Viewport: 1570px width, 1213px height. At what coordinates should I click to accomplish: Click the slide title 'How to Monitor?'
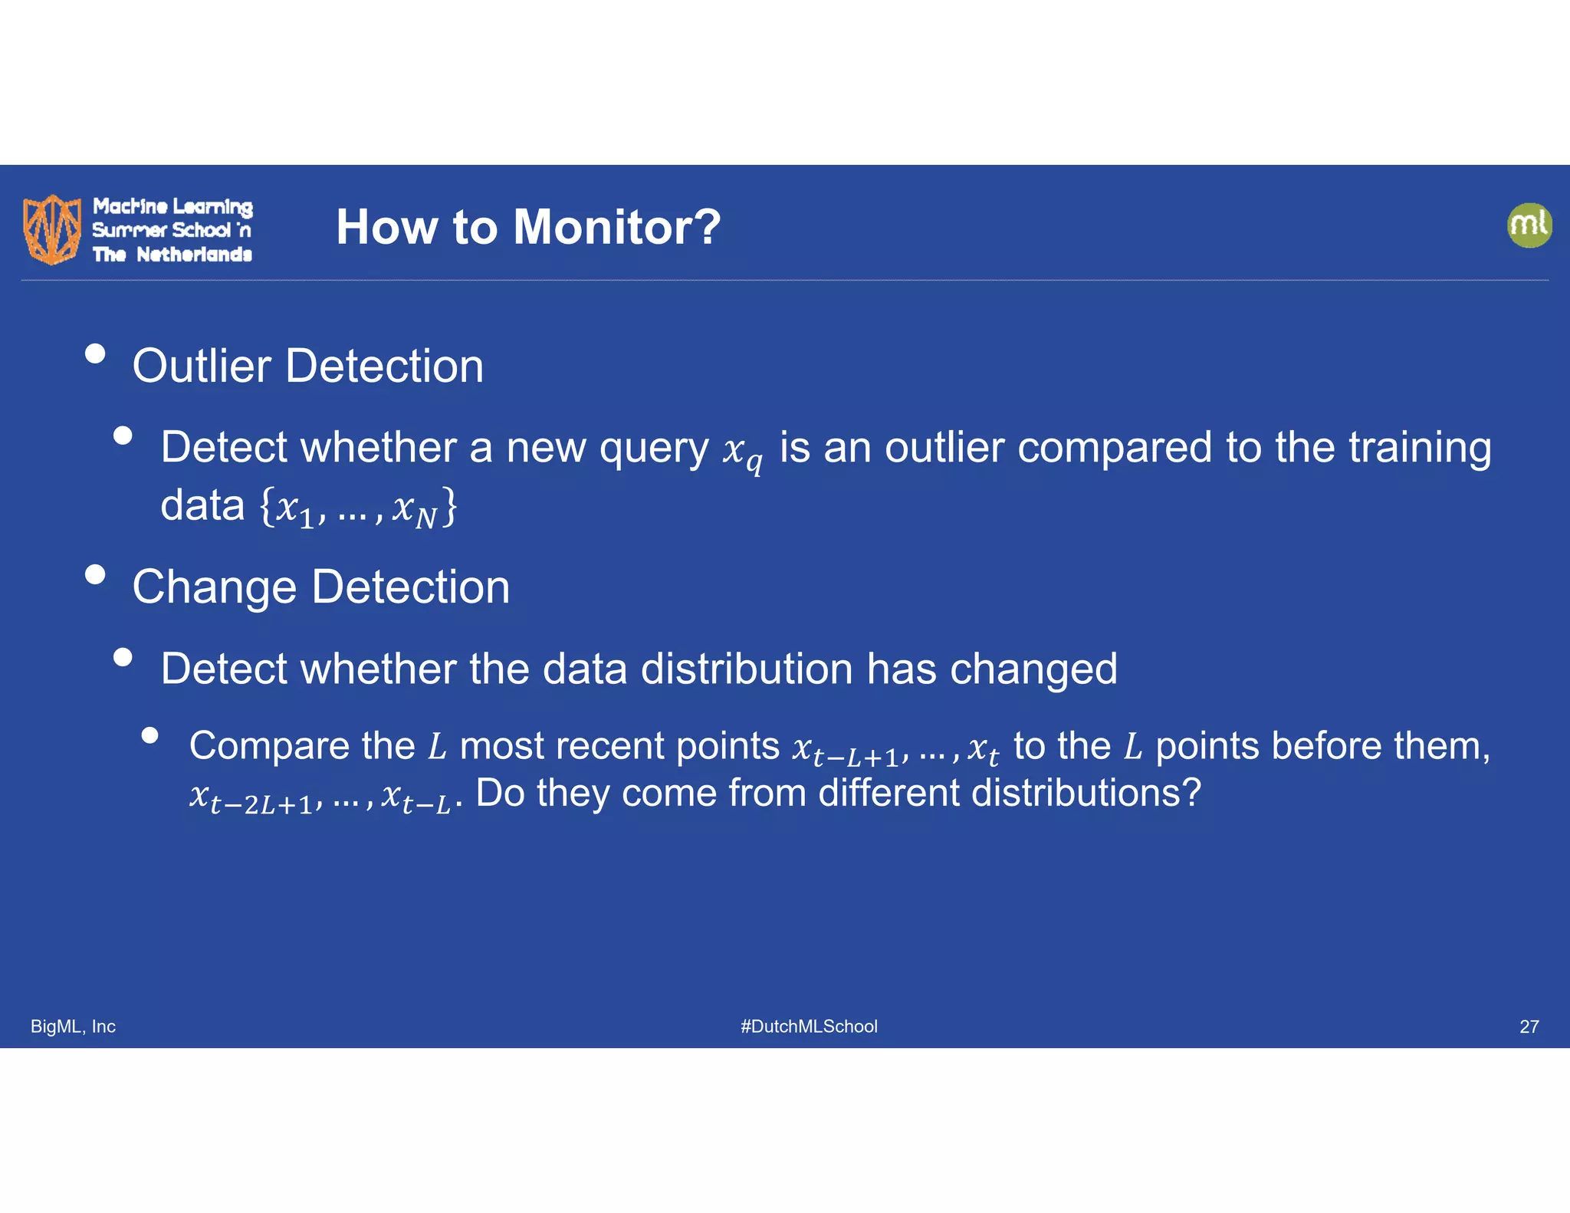point(528,227)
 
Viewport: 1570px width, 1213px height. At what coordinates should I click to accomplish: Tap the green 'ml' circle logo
point(1529,225)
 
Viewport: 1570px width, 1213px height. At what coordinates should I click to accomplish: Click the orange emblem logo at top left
point(52,229)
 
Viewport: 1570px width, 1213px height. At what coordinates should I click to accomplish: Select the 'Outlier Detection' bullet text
point(308,366)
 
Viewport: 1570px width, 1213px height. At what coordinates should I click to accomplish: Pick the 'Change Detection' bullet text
point(321,587)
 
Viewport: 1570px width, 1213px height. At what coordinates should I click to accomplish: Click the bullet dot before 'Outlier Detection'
point(95,353)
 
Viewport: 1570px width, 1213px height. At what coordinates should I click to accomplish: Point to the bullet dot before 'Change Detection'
point(95,575)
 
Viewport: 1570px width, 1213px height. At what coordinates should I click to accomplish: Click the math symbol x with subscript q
point(742,452)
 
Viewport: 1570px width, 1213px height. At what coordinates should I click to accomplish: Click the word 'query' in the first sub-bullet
point(654,449)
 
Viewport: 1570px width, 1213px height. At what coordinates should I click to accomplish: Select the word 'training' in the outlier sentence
point(1420,449)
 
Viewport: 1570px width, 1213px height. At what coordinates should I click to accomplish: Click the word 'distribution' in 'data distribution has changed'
point(747,669)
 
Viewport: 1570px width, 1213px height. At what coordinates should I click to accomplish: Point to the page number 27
point(1529,1027)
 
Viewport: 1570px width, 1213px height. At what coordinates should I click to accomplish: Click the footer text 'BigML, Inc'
point(73,1027)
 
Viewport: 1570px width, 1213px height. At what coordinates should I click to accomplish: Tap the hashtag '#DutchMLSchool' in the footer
point(809,1027)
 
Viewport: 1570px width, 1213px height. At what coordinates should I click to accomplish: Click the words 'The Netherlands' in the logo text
point(172,255)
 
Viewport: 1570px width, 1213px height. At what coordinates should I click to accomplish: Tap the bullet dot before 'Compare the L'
point(150,735)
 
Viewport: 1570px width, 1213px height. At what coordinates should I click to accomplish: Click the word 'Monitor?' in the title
point(617,227)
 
